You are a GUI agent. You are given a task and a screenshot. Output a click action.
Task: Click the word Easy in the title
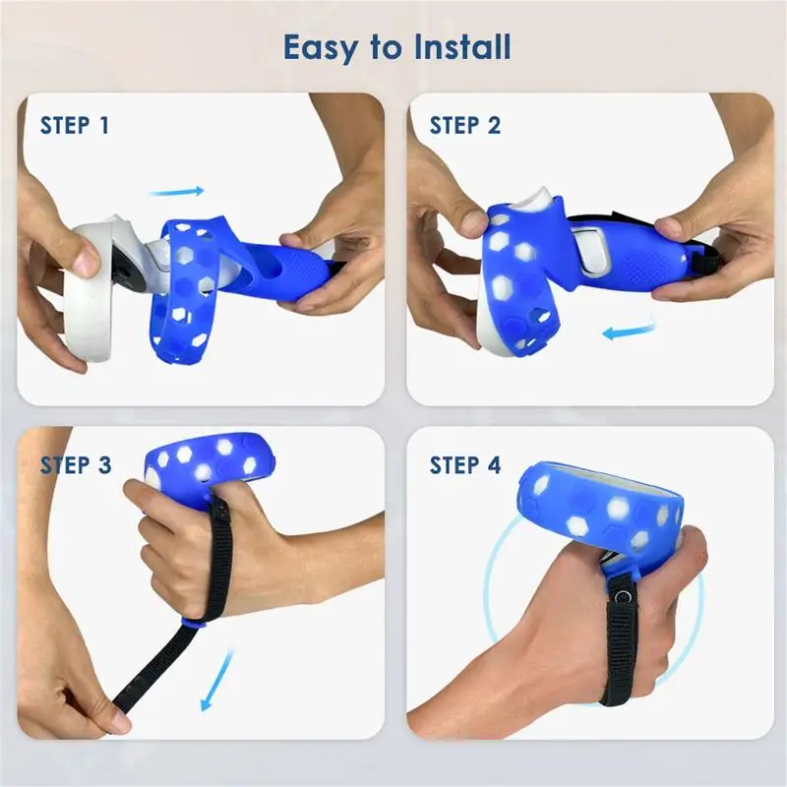tap(322, 47)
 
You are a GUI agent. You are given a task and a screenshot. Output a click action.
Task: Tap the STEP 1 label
tap(75, 126)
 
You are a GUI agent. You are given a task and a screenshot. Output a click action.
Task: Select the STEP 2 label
tap(464, 126)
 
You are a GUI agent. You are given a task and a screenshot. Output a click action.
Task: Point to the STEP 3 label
tap(76, 465)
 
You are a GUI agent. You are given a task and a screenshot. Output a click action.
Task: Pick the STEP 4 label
tap(464, 465)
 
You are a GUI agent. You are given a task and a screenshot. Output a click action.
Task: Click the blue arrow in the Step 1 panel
tap(177, 191)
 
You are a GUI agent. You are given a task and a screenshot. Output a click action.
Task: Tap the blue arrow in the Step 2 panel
tap(629, 331)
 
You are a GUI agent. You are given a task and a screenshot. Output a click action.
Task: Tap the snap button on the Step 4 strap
tap(623, 596)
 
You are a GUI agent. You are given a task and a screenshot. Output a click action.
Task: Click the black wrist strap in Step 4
tap(620, 647)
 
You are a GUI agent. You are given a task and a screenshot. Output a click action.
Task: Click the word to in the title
tap(387, 47)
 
